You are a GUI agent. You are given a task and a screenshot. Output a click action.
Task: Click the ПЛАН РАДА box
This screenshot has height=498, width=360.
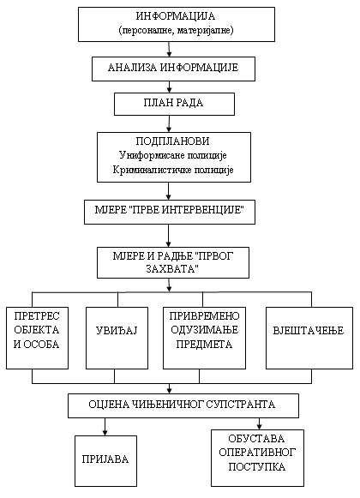coord(174,104)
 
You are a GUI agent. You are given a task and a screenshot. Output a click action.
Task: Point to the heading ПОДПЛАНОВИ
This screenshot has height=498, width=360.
coord(174,140)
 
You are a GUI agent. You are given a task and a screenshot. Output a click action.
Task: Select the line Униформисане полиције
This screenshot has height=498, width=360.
coord(174,155)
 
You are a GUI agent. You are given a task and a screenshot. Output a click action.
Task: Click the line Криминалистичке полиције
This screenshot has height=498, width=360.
coord(174,171)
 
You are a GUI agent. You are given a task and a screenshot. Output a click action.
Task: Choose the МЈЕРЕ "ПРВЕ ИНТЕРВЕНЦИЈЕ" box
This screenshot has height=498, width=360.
coord(171,209)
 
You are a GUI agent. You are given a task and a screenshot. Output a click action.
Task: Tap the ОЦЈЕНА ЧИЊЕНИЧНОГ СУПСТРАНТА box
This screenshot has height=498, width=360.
coord(183,403)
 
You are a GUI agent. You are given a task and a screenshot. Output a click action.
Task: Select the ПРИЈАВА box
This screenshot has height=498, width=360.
coord(105,459)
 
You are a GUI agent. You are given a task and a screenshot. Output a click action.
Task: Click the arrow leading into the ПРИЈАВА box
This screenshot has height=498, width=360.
coord(105,424)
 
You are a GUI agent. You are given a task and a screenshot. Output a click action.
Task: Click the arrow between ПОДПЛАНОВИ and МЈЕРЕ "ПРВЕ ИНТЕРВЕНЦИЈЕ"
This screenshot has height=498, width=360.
coord(170,191)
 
